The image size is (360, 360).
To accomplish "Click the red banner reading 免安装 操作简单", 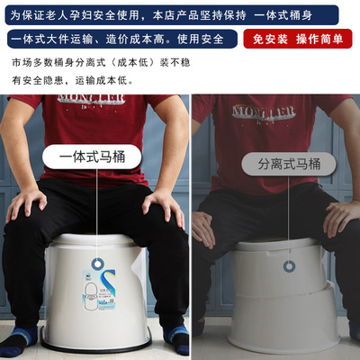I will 299,40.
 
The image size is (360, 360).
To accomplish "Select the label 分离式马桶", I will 287,164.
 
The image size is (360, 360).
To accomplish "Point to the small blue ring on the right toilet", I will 288,267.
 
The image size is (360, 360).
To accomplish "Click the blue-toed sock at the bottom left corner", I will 17,342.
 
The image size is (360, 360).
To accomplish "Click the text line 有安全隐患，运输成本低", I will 72,80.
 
